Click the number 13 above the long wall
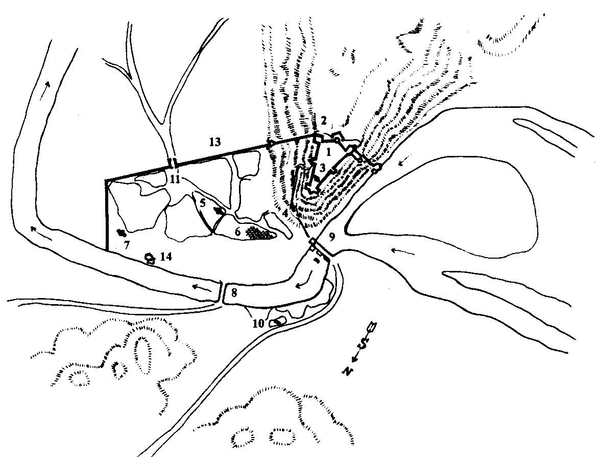215,142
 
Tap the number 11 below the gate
175,179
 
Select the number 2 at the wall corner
324,121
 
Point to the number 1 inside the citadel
328,152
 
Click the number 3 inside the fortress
322,168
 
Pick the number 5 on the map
203,202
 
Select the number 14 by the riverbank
166,256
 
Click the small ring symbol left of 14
150,259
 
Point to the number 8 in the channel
234,293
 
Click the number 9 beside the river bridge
332,237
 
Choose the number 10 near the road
258,324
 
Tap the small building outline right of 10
277,323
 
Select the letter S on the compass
363,348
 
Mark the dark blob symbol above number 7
122,233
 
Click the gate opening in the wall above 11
173,162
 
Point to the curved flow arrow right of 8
306,279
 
